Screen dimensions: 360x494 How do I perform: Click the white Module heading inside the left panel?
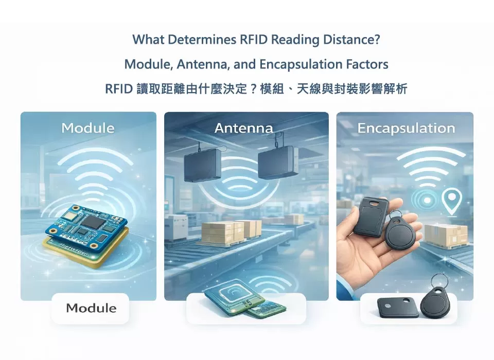click(x=87, y=128)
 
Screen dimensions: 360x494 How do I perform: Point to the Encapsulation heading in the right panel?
click(x=406, y=128)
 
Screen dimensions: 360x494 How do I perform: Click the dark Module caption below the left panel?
click(x=91, y=309)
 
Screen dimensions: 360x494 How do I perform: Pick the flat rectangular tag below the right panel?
click(x=397, y=308)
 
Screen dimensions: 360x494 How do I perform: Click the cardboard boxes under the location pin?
click(x=446, y=234)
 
